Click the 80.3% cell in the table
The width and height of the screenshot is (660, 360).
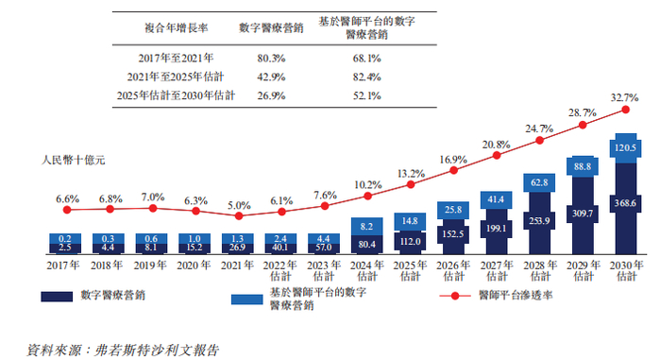(x=271, y=59)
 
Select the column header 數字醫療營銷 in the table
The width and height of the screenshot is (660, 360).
(x=271, y=28)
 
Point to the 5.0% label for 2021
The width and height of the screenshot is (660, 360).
(x=240, y=205)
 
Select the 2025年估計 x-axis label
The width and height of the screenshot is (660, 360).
(x=409, y=272)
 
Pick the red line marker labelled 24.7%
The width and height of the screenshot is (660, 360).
(x=539, y=142)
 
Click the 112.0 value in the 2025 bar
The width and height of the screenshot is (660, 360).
(x=409, y=240)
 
